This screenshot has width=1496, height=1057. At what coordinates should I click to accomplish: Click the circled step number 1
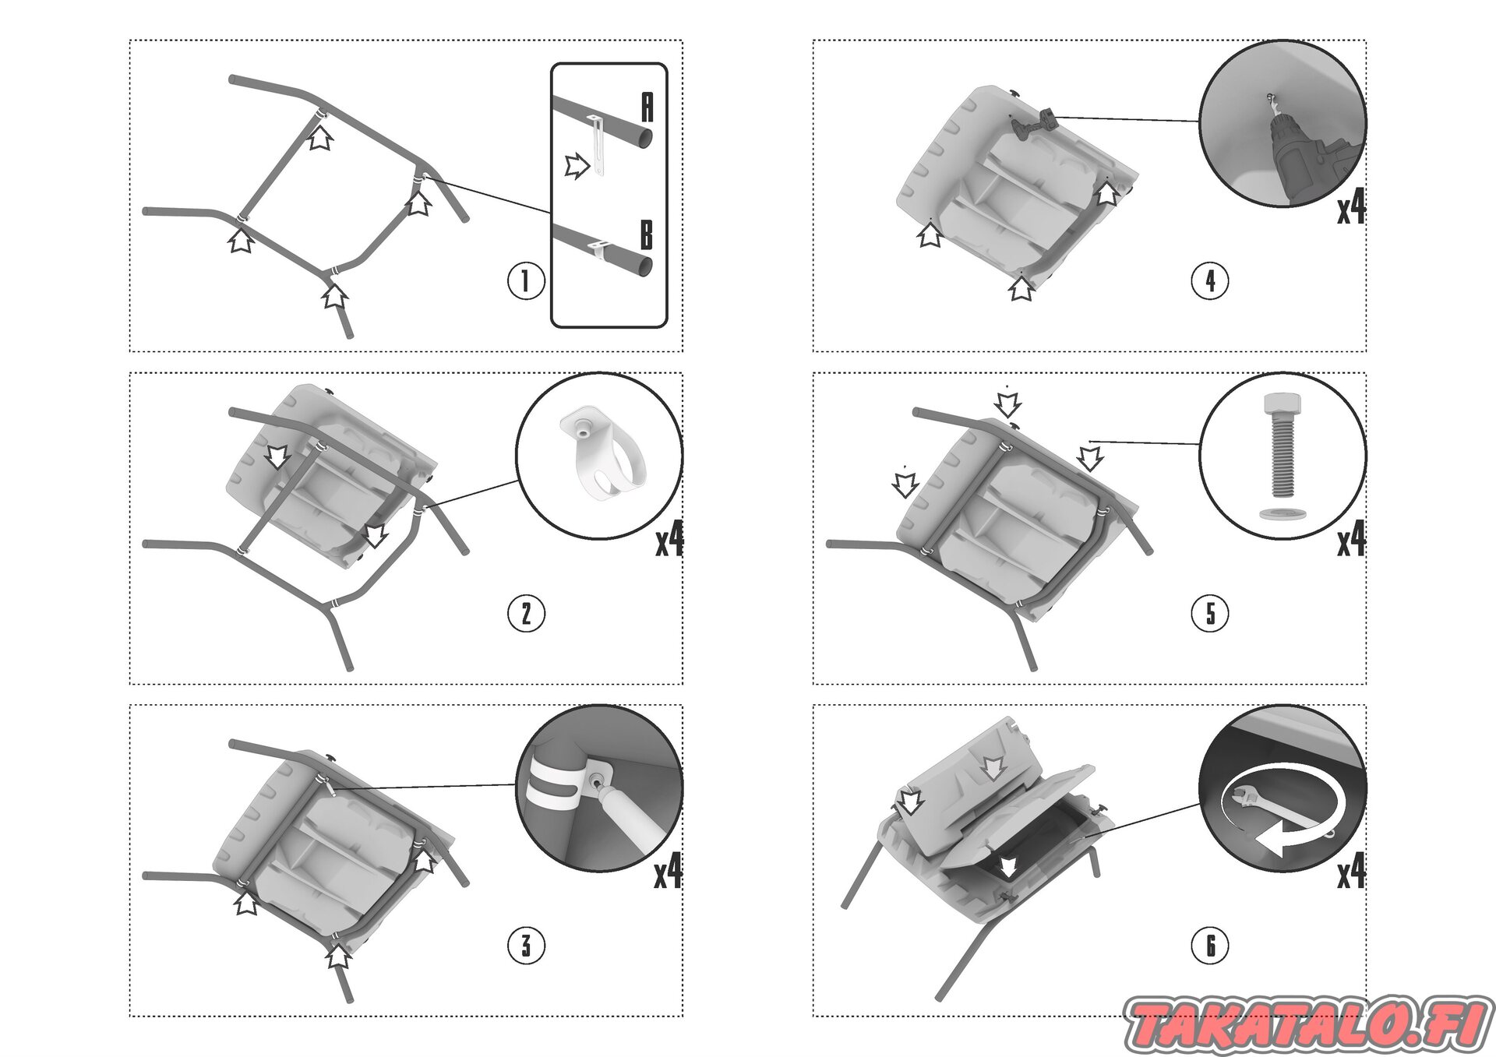(x=526, y=281)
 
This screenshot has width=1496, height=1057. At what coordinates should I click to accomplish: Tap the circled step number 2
(x=526, y=614)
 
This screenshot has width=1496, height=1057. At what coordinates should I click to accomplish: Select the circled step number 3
(x=526, y=946)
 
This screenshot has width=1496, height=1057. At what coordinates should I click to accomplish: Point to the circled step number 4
(x=1210, y=281)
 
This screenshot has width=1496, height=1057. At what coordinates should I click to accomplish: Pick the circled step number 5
(x=1210, y=614)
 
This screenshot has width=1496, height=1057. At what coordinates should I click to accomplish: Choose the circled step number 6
(x=1210, y=946)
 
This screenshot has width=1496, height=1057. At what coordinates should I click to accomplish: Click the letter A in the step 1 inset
(x=647, y=107)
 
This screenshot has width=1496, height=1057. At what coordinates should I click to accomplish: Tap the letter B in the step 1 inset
(x=647, y=235)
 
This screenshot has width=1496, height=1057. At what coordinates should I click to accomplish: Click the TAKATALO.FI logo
(x=1308, y=1024)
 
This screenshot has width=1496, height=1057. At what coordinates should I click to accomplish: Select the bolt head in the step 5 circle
(x=1283, y=405)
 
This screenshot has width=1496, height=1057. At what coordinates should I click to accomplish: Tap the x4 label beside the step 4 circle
(x=1352, y=207)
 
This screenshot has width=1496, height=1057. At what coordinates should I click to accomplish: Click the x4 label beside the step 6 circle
(x=1352, y=872)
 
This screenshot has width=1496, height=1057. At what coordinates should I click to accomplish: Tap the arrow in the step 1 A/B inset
(x=577, y=165)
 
